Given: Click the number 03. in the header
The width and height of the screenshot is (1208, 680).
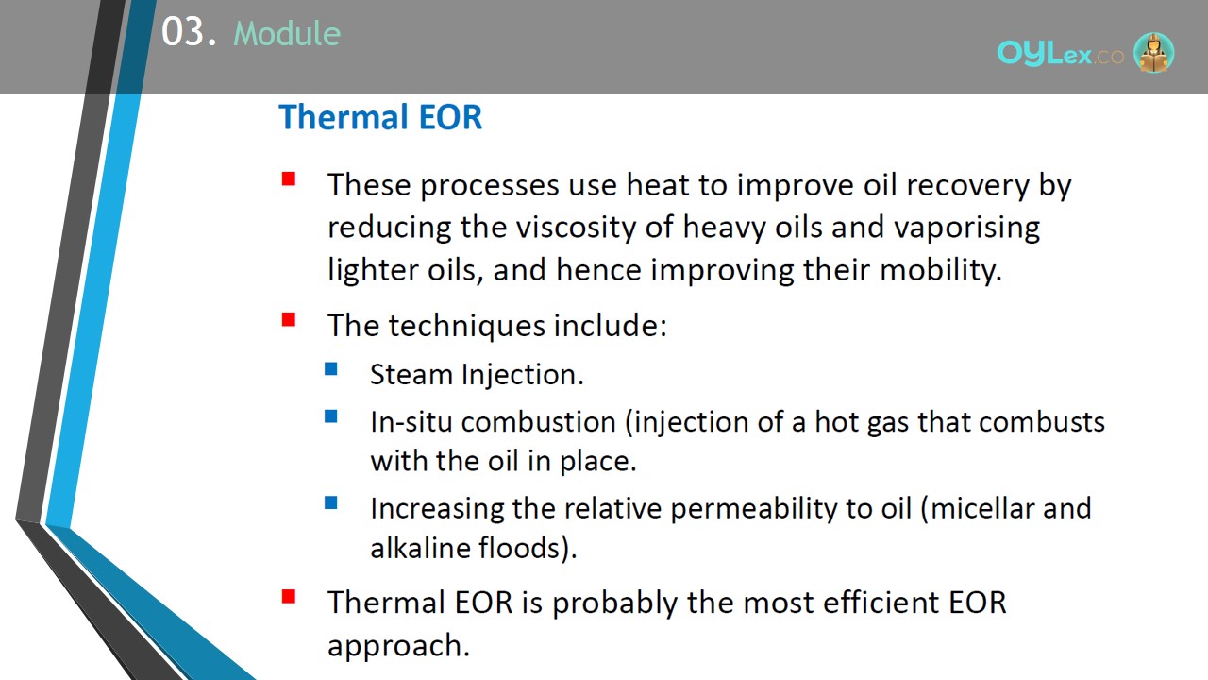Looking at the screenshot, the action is tap(189, 32).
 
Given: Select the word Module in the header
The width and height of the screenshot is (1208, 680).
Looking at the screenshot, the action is tap(287, 33).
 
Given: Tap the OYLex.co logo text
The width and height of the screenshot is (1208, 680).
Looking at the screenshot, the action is tap(1060, 54).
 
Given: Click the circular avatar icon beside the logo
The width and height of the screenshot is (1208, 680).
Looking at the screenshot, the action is tap(1153, 52).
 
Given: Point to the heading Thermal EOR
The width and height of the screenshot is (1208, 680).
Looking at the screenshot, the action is tap(380, 117).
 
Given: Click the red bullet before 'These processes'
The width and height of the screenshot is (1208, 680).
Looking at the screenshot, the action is tap(289, 178).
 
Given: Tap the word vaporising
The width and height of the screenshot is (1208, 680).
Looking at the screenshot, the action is tap(967, 228).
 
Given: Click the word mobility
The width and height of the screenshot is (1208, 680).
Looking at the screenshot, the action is tap(941, 270).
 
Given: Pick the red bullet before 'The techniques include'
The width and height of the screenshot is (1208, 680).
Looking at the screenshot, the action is tap(289, 319).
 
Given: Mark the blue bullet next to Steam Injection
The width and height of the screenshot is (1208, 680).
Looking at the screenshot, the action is tap(331, 369).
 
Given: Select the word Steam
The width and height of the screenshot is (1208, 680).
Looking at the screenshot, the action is tap(411, 375).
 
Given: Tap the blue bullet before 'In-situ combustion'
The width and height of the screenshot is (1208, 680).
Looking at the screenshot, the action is tap(331, 416).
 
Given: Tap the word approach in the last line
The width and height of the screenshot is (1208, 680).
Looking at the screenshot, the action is tap(398, 646).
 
